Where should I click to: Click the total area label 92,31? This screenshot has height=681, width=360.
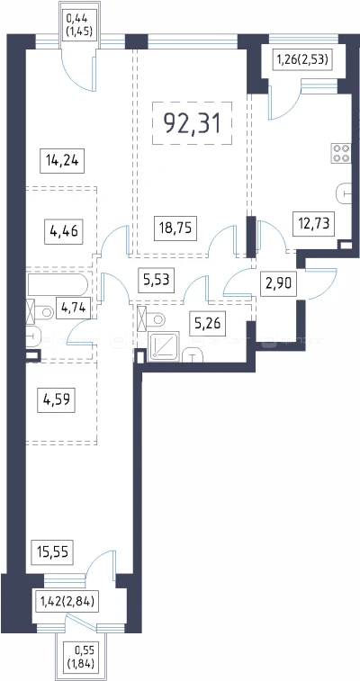click(192, 123)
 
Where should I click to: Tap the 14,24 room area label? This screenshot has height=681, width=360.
click(62, 161)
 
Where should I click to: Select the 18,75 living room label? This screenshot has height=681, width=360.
click(175, 228)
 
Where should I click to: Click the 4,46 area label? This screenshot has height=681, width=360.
click(63, 230)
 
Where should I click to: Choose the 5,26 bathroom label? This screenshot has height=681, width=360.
click(207, 324)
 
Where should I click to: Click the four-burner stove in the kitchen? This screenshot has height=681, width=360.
click(341, 153)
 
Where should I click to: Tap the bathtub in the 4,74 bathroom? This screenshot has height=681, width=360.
click(58, 284)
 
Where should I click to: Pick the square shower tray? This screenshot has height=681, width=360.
click(164, 346)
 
